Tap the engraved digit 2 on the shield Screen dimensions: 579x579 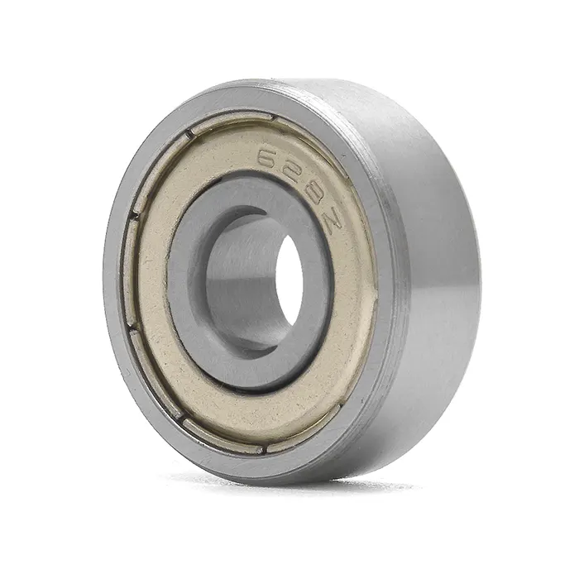click(x=290, y=173)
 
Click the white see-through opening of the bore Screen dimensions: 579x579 click(x=290, y=281)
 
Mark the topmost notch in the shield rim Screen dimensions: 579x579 click(x=274, y=118)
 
